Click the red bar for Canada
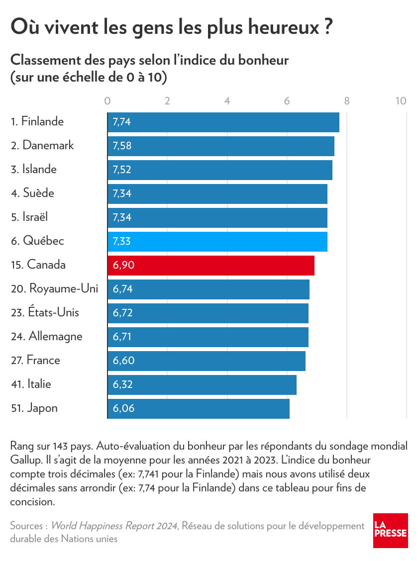pyautogui.click(x=211, y=265)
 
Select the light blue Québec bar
pyautogui.click(x=217, y=241)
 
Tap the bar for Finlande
pyautogui.click(x=223, y=122)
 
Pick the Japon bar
pyautogui.click(x=199, y=408)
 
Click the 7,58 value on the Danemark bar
pyautogui.click(x=122, y=146)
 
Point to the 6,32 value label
pyautogui.click(x=122, y=384)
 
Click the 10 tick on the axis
pyautogui.click(x=401, y=100)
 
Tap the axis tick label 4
pyautogui.click(x=227, y=100)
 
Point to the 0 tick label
pyautogui.click(x=107, y=100)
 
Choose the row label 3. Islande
pyautogui.click(x=34, y=169)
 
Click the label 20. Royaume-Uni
pyautogui.click(x=54, y=288)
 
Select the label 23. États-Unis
pyautogui.click(x=45, y=312)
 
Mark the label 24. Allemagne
pyautogui.click(x=46, y=336)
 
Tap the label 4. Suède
pyautogui.click(x=32, y=193)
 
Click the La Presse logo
pyautogui.click(x=391, y=531)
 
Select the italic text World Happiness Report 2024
pyautogui.click(x=114, y=526)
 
